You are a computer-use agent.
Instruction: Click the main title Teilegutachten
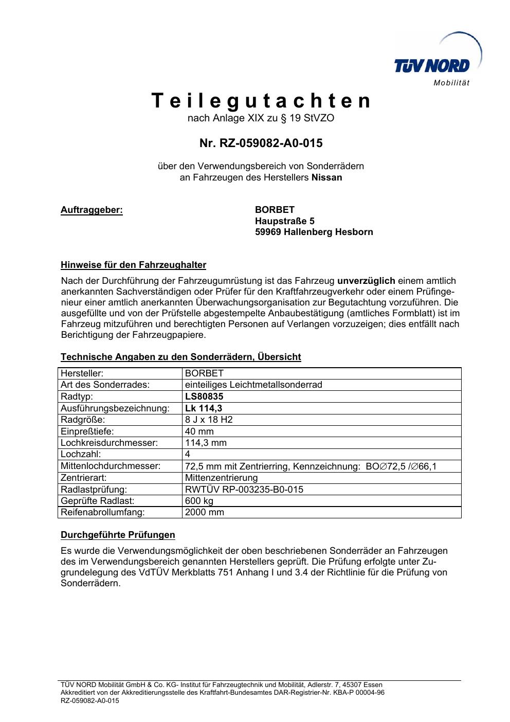pos(261,101)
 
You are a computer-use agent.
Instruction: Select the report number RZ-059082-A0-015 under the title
pos(261,143)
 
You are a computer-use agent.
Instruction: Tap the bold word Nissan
pos(327,178)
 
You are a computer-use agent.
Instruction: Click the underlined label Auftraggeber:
pos(92,210)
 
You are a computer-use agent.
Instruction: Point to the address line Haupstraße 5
pos(285,221)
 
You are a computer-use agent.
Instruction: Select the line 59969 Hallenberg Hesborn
pos(314,232)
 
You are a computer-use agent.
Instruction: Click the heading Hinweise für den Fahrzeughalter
pos(133,265)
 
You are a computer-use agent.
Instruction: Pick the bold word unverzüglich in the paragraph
pos(366,281)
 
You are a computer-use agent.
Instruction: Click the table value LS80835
pos(204,396)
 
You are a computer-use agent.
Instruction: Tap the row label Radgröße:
pos(83,420)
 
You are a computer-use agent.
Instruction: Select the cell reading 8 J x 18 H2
pos(209,420)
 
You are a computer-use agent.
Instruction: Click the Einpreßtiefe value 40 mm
pos(199,431)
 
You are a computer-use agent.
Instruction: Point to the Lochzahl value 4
pos(188,455)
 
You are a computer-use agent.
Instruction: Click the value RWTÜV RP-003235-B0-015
pos(244,490)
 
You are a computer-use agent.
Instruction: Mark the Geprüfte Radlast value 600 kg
pos(199,501)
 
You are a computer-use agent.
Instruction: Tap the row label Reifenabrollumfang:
pos(102,512)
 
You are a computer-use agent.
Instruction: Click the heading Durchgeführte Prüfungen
pos(118,535)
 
